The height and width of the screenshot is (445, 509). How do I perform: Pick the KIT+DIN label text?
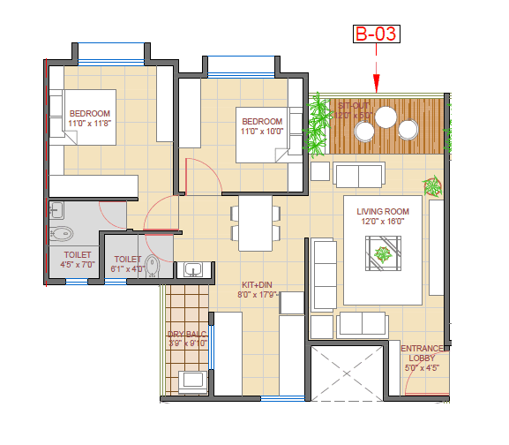pos(257,285)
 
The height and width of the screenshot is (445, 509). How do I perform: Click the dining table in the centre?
pos(252,223)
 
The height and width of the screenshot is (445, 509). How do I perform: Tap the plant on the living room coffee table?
pos(383,256)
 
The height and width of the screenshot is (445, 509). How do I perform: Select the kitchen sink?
pos(193,268)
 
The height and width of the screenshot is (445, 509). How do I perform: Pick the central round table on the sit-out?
pos(385,117)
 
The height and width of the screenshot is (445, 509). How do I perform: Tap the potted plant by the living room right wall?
pos(432,186)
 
